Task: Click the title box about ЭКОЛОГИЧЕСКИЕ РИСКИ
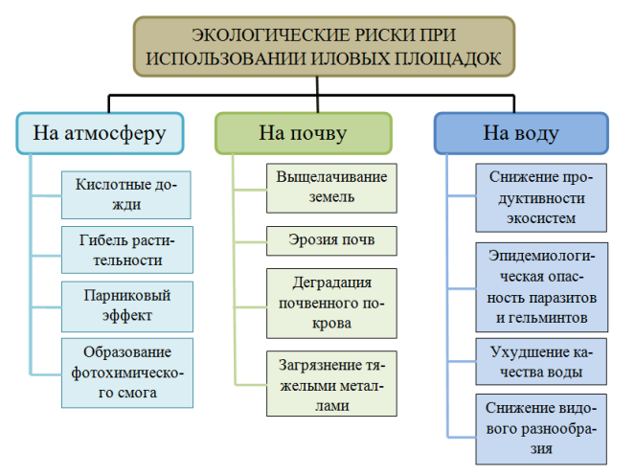[x=324, y=47]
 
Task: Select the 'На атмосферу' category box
[x=100, y=133]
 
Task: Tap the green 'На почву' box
[x=304, y=133]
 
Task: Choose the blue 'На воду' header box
[x=521, y=133]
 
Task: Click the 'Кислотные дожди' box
[x=126, y=194]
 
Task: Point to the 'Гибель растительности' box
[x=127, y=250]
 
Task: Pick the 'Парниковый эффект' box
[x=127, y=306]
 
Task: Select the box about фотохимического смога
[x=127, y=373]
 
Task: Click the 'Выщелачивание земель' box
[x=331, y=189]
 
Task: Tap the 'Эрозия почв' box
[x=331, y=241]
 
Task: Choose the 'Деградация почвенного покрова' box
[x=331, y=304]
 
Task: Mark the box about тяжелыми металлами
[x=331, y=383]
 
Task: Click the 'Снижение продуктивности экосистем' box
[x=541, y=197]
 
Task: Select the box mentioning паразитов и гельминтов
[x=542, y=287]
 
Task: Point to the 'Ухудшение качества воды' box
[x=541, y=362]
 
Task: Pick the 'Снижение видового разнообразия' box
[x=541, y=429]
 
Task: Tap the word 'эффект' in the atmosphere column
[x=127, y=315]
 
